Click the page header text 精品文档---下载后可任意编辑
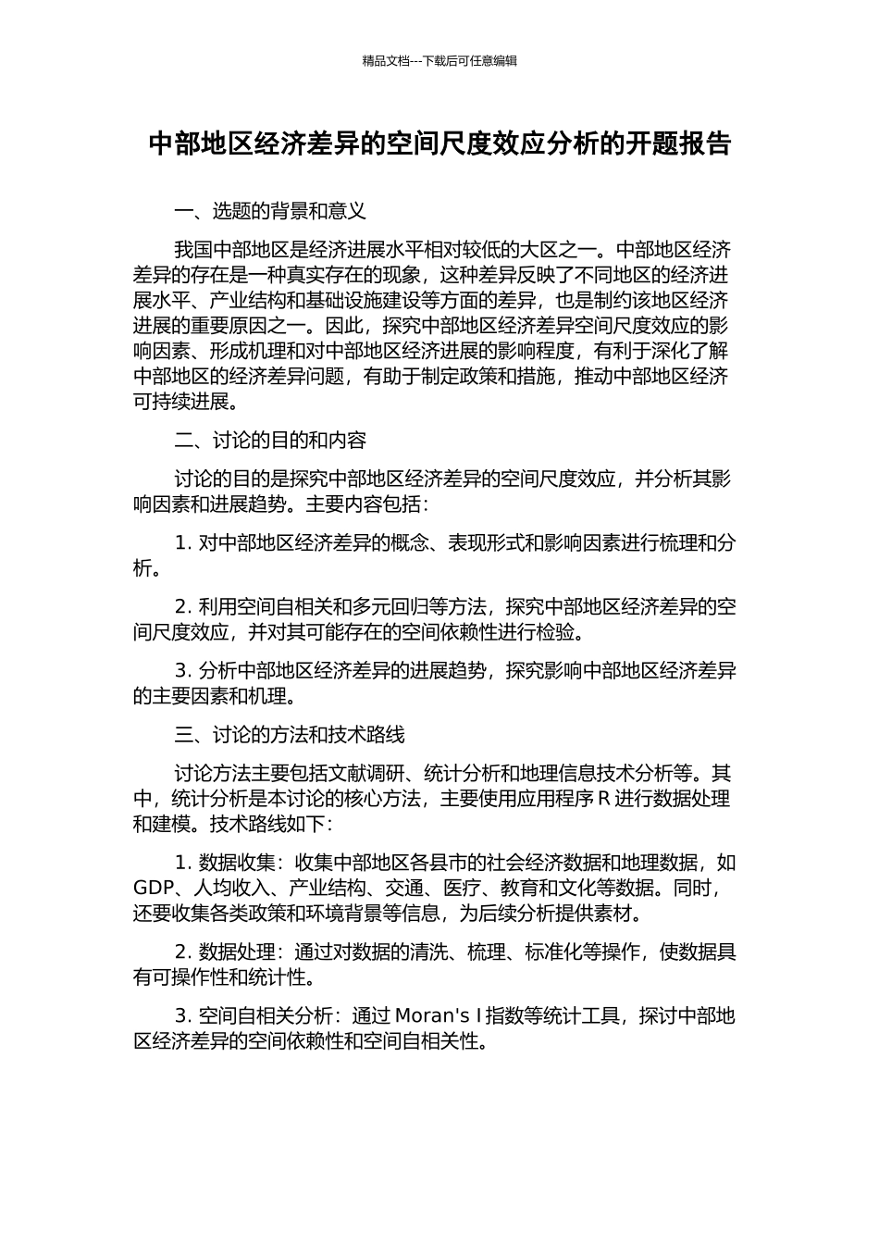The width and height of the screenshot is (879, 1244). click(x=439, y=61)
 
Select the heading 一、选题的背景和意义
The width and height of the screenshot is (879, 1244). click(x=270, y=211)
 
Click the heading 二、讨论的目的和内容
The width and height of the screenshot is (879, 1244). click(x=270, y=440)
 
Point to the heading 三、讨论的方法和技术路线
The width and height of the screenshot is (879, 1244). click(x=290, y=735)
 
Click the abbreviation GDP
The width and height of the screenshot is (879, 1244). click(x=153, y=889)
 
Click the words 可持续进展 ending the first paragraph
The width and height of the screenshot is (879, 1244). click(x=180, y=402)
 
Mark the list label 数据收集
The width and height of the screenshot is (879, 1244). click(x=237, y=863)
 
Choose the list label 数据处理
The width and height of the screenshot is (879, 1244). click(x=237, y=952)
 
